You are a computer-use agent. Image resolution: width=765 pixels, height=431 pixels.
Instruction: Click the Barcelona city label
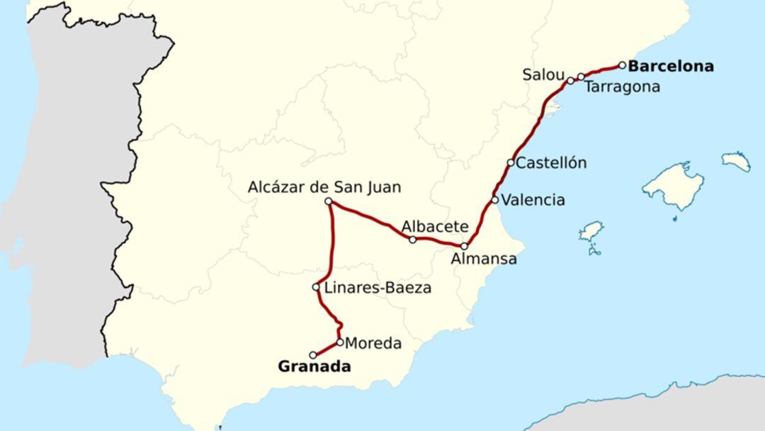pyautogui.click(x=671, y=67)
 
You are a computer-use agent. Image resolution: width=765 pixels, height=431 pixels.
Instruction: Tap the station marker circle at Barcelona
pyautogui.click(x=622, y=65)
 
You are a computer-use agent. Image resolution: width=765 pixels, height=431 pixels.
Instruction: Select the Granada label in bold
pyautogui.click(x=314, y=366)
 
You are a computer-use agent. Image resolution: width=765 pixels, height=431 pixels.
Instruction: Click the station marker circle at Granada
pyautogui.click(x=313, y=355)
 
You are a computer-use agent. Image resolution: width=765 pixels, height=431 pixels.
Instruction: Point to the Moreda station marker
pyautogui.click(x=340, y=342)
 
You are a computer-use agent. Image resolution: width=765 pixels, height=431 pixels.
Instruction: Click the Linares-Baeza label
pyautogui.click(x=378, y=288)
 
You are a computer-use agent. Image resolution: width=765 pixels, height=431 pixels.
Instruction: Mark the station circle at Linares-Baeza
pyautogui.click(x=316, y=287)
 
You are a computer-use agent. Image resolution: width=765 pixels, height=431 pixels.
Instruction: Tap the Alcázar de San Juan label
pyautogui.click(x=324, y=187)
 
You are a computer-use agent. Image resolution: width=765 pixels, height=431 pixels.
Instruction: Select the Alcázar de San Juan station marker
pyautogui.click(x=329, y=202)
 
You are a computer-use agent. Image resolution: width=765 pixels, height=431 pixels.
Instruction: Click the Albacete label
pyautogui.click(x=435, y=227)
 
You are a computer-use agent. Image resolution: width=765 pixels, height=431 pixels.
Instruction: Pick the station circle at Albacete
pyautogui.click(x=413, y=240)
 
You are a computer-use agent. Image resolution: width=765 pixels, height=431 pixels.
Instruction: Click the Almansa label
pyautogui.click(x=484, y=259)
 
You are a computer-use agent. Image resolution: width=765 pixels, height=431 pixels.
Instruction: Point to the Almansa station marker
pyautogui.click(x=464, y=246)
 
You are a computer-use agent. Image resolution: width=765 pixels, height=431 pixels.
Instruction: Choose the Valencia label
pyautogui.click(x=533, y=200)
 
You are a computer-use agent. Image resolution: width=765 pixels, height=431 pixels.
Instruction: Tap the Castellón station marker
pyautogui.click(x=510, y=162)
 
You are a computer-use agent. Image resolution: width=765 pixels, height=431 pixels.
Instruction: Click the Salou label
pyautogui.click(x=543, y=74)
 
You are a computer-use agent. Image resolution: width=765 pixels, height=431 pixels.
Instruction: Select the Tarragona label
pyautogui.click(x=622, y=86)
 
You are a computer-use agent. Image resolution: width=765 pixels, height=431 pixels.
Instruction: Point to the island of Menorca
pyautogui.click(x=737, y=161)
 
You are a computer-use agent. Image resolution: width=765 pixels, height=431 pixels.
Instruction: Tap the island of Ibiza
pyautogui.click(x=590, y=232)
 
